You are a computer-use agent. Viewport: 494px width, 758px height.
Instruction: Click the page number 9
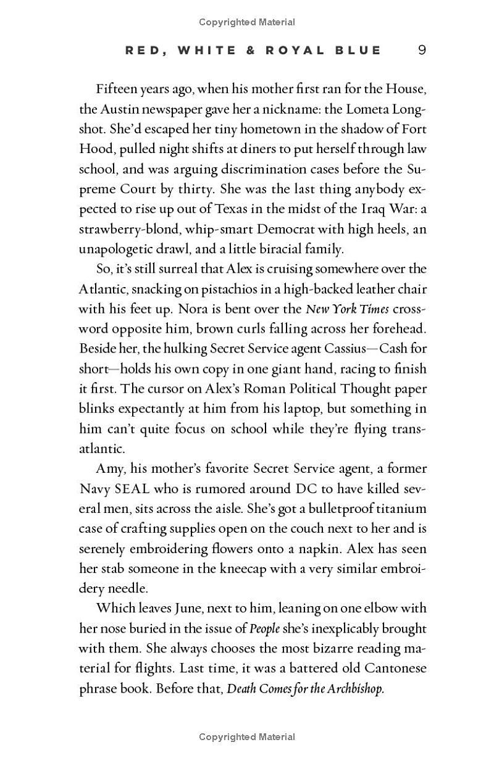(422, 50)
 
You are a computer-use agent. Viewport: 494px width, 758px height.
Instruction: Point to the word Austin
(122, 109)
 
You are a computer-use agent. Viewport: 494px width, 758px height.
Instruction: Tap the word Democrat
(274, 229)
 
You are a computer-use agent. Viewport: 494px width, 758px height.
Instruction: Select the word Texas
(249, 209)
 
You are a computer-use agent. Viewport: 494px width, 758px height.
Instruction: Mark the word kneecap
(244, 568)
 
